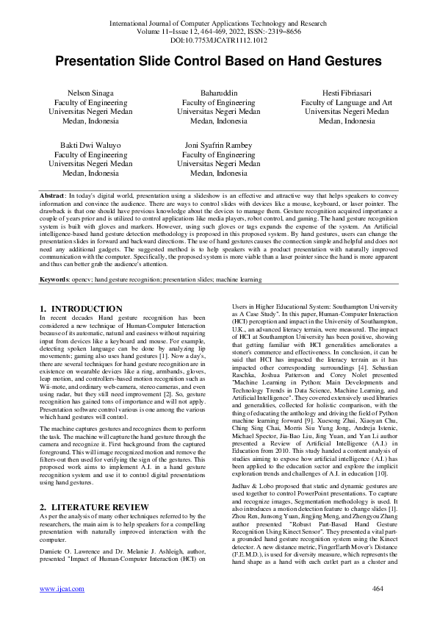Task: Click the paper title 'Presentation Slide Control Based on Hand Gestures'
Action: (218, 60)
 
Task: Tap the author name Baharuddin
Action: (218, 93)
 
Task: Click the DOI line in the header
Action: (218, 41)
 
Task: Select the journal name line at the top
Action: (218, 24)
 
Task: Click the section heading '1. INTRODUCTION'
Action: (81, 309)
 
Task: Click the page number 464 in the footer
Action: (378, 589)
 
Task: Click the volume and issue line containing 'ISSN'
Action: (218, 32)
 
